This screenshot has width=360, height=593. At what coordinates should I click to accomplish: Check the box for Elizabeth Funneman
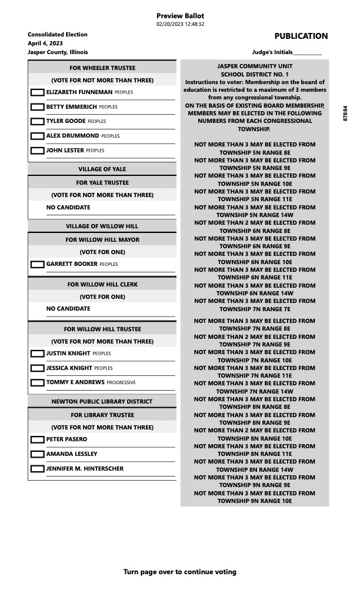[x=37, y=92]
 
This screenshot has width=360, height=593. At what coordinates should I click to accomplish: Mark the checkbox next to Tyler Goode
[x=37, y=121]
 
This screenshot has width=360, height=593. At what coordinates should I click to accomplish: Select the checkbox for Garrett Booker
[x=37, y=265]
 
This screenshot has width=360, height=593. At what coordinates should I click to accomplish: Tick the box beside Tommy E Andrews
[x=37, y=382]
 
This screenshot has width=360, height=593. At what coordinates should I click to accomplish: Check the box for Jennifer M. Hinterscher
[x=37, y=469]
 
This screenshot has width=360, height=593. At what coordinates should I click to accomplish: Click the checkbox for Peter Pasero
[x=37, y=439]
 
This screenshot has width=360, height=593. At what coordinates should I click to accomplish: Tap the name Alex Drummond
[x=72, y=136]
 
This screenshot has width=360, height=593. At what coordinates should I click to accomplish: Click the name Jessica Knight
[x=69, y=368]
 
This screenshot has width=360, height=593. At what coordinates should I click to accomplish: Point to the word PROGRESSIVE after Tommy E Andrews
[x=121, y=383]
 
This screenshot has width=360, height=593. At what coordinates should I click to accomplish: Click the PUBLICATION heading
[x=301, y=36]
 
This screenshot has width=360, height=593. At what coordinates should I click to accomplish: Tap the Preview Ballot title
[x=180, y=16]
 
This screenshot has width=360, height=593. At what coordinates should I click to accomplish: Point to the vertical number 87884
[x=345, y=114]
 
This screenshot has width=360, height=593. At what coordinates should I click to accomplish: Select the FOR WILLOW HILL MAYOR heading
[x=102, y=240]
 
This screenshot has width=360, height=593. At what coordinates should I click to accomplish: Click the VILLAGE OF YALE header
[x=102, y=169]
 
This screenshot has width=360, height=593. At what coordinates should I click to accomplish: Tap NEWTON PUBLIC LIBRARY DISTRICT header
[x=102, y=402]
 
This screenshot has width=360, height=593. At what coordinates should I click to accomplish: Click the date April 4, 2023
[x=45, y=44]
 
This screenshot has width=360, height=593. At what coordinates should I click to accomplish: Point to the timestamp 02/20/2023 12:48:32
[x=180, y=24]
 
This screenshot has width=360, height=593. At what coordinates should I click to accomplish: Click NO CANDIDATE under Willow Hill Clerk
[x=68, y=309]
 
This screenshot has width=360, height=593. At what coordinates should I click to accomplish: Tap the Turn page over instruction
[x=180, y=572]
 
